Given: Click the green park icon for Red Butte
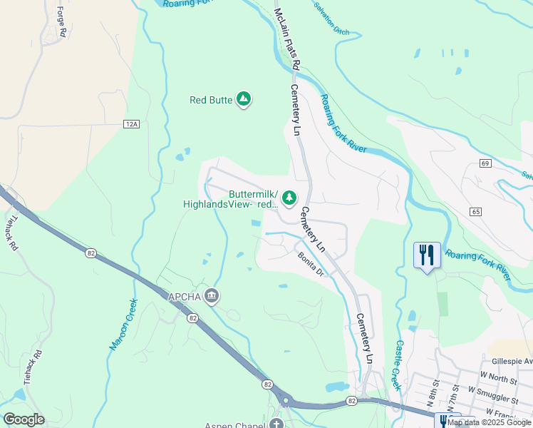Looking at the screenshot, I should pos(244,100).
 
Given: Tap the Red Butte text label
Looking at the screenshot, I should pos(211,101).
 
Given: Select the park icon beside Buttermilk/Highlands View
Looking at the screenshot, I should pos(289,198).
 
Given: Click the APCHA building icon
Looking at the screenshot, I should pos(211,296).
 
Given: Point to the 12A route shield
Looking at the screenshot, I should pos(130,124).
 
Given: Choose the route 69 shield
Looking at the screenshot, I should pos(485,163).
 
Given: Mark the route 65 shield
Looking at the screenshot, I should pos(476,212).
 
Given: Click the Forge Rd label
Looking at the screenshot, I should pos(61,21).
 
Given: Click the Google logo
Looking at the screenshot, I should pos(24,419).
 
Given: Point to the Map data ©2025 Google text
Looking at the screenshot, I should pos(489,422).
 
